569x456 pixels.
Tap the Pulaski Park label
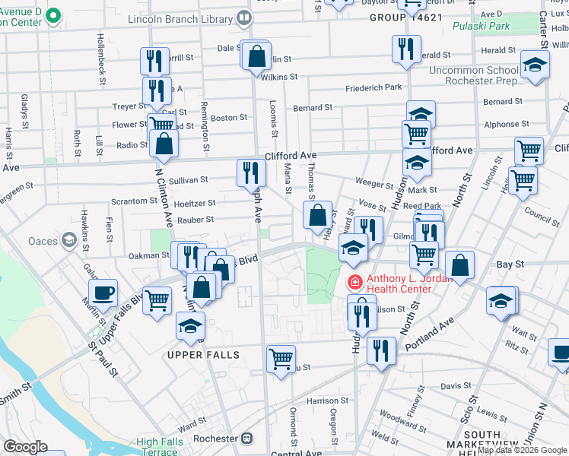point(481,27)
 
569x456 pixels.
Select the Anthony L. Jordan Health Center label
point(409,283)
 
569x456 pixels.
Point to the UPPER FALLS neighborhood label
point(204,355)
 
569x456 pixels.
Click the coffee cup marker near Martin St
point(103,293)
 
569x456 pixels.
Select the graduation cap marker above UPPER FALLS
point(189,328)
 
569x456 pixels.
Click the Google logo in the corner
point(25,446)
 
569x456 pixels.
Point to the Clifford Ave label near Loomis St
point(291,155)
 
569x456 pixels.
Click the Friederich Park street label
point(373,88)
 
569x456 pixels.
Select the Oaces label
point(43,241)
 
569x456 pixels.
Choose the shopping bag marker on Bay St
point(459,264)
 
